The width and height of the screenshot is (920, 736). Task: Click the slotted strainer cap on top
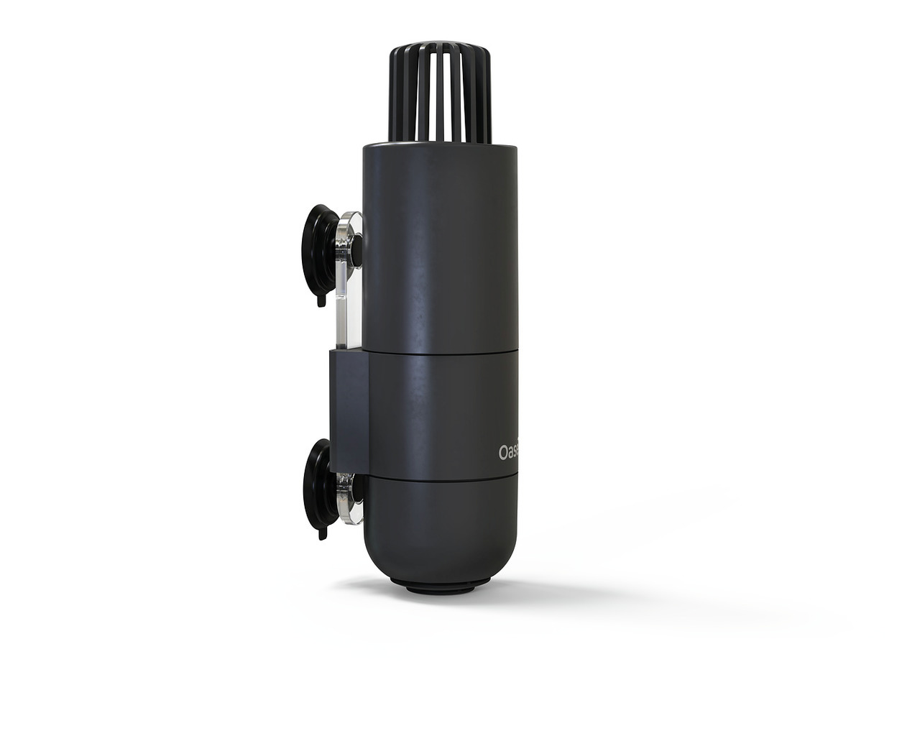pos(441,93)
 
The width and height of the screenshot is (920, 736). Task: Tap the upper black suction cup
pos(317,248)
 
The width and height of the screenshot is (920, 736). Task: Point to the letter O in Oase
pos(504,453)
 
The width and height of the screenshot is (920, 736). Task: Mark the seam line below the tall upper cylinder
pos(441,352)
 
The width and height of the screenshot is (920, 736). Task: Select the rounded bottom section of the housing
pos(441,532)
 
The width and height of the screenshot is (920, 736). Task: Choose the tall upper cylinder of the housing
pos(441,244)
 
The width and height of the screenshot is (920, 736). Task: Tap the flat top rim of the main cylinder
pos(441,147)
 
